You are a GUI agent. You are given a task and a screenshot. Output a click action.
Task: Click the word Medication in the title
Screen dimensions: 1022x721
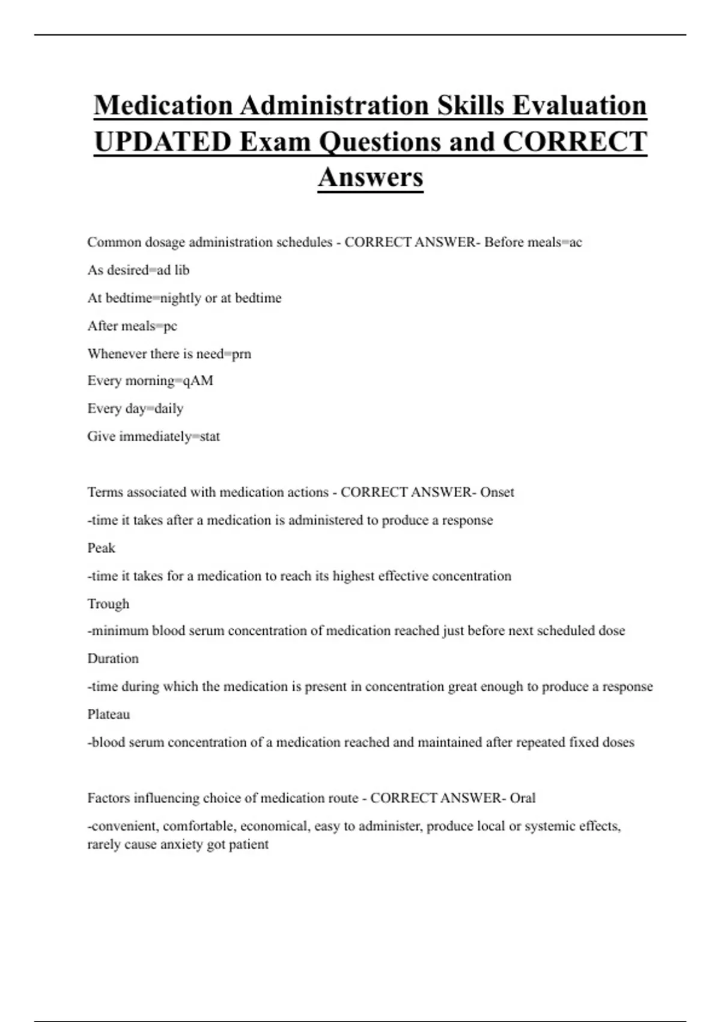163,106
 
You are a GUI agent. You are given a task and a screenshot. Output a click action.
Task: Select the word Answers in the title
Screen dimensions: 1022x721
371,177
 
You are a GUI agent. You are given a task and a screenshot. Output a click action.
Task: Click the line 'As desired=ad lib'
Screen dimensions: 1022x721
138,271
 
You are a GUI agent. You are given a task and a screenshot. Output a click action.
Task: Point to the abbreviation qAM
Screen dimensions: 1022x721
198,381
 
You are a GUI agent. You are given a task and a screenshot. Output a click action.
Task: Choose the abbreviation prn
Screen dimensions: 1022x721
242,353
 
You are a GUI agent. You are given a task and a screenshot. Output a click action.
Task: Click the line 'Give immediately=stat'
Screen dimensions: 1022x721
153,436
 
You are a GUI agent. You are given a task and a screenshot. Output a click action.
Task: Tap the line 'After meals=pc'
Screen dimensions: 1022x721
132,326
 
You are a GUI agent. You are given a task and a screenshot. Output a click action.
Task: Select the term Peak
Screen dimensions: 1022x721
101,548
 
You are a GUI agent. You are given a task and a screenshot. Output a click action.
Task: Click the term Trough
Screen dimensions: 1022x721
108,604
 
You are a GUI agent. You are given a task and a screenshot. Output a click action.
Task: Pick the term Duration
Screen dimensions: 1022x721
113,658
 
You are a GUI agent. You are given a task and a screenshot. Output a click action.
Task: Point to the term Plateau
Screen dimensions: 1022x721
108,714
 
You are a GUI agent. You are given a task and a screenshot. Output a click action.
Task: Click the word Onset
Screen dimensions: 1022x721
497,492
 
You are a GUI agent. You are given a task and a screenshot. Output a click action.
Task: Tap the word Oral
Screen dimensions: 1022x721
523,798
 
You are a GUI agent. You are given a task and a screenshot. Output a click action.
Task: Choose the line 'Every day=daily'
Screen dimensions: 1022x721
135,409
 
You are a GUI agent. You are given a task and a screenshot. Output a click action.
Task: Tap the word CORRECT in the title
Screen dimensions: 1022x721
574,142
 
